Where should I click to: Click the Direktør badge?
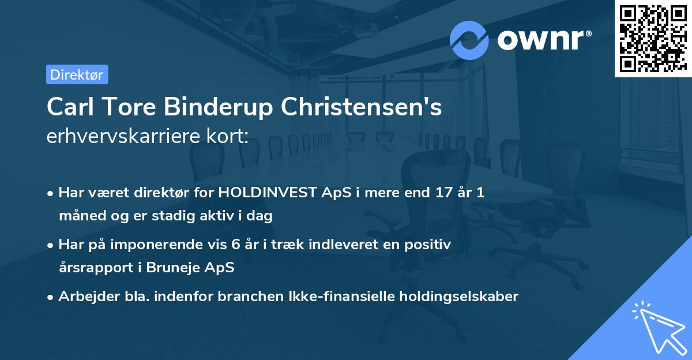pyautogui.click(x=77, y=74)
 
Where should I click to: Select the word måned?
pyautogui.click(x=80, y=216)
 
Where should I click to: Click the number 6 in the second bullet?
pyautogui.click(x=235, y=245)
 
